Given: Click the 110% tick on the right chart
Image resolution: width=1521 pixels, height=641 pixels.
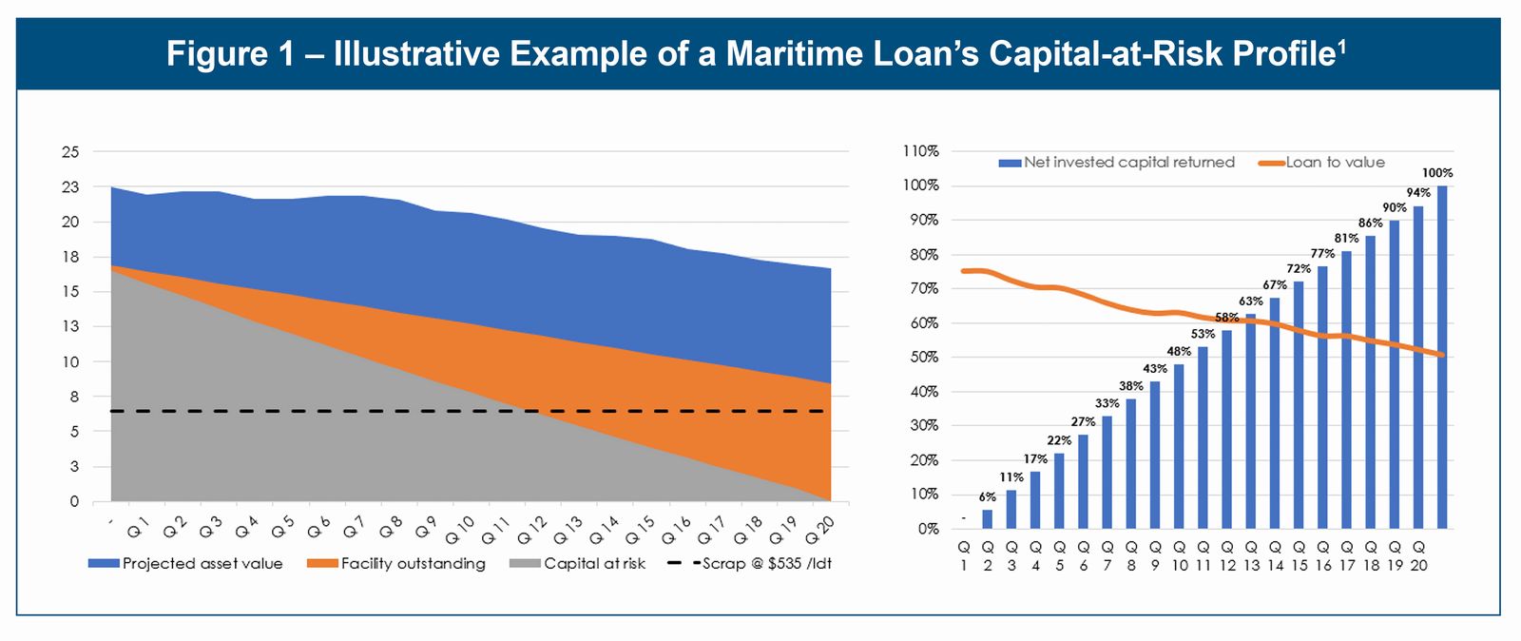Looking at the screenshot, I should click(920, 151).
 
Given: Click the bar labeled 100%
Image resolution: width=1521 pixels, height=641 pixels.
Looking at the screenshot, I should click(1442, 357).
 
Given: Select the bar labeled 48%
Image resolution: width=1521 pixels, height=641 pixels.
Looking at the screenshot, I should click(1179, 446).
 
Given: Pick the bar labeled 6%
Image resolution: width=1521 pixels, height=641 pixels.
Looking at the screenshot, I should click(988, 518).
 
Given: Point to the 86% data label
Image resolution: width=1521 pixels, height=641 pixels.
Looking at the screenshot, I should click(1370, 223).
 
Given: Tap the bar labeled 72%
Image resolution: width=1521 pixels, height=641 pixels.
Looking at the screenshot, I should click(1299, 404).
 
